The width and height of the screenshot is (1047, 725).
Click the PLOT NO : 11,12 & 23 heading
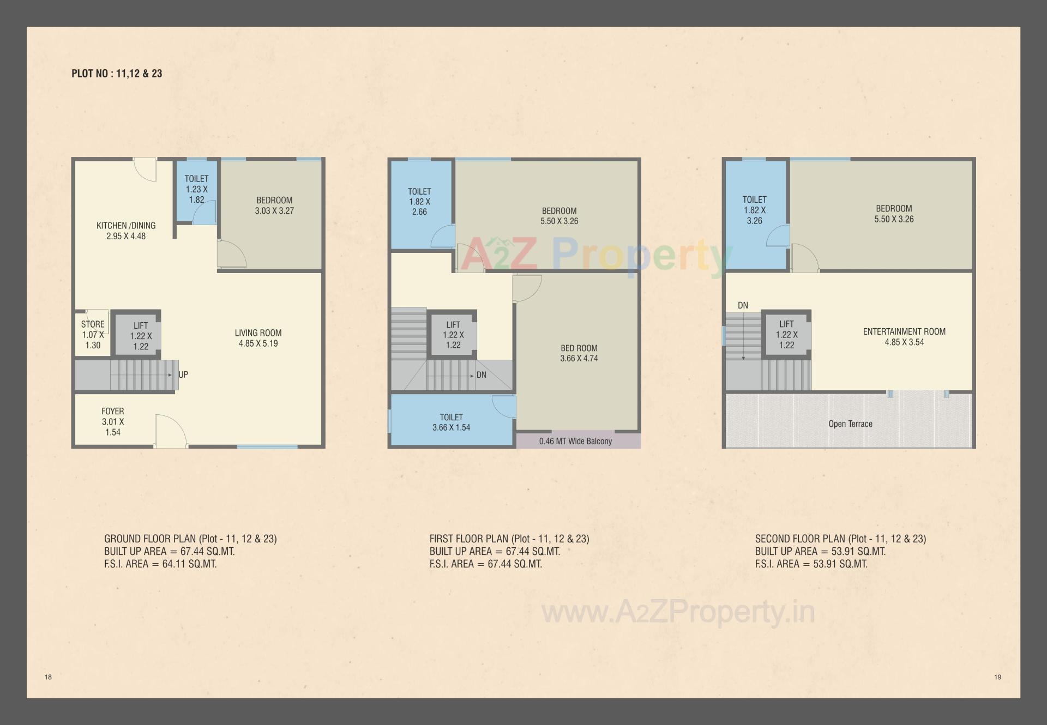(117, 74)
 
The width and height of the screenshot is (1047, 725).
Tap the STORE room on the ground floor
(93, 334)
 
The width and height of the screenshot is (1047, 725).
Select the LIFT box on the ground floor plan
(141, 335)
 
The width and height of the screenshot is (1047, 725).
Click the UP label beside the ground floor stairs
(183, 374)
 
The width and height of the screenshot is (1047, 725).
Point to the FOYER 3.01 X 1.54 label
(113, 421)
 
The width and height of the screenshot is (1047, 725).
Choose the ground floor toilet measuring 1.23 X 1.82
(196, 189)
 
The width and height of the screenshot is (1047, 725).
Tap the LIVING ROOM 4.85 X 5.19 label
(258, 338)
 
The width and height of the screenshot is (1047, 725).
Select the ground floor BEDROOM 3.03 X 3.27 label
(274, 206)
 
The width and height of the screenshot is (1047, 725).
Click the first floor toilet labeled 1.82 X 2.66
(419, 202)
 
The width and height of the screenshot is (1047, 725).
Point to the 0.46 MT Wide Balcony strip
(575, 441)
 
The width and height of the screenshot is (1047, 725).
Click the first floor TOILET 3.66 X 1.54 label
(451, 422)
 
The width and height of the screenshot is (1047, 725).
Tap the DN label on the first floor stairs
(481, 375)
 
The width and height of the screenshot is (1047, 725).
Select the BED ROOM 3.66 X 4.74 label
(579, 353)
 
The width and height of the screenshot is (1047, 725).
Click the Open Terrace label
(850, 424)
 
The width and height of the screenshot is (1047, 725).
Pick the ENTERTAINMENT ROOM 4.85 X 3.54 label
(904, 336)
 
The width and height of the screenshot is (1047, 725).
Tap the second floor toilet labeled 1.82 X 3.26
(754, 210)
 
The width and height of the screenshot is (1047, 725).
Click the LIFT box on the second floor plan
(786, 334)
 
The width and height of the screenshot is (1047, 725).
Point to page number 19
(997, 677)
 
